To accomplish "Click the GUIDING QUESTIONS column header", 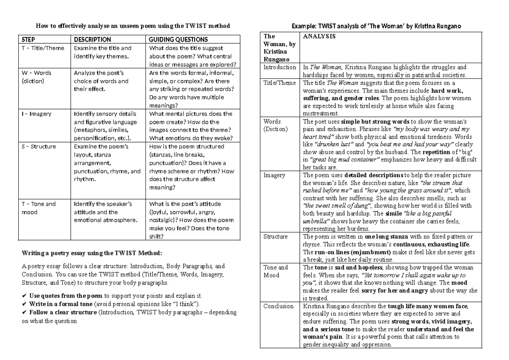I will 178,39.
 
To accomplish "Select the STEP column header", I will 28,39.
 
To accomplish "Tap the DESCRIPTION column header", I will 92,39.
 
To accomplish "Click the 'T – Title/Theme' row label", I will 43,48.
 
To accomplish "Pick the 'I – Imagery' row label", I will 36,114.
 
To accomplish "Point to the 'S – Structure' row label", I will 39,146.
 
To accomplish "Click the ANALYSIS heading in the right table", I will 319,36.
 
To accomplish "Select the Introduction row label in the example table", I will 280,67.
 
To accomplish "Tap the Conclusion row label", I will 278,306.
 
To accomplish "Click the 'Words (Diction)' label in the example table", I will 275,125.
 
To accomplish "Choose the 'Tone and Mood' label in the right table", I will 275,271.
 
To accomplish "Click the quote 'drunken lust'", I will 333,144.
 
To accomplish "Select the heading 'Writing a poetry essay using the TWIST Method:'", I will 91,253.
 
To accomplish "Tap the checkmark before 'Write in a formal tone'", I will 24,304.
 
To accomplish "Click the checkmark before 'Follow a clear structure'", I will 24,313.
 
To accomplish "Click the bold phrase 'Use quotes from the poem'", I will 66,296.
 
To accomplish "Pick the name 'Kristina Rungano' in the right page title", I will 439,26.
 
